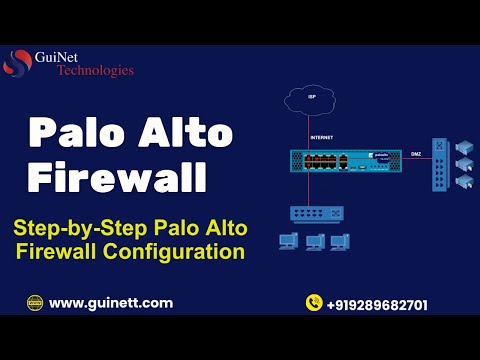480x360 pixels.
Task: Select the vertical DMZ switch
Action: click(x=436, y=165)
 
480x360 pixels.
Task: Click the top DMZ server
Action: click(x=463, y=146)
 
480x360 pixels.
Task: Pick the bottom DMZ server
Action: click(x=463, y=182)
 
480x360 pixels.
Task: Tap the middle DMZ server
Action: click(x=463, y=164)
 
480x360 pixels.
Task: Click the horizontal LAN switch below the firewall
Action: click(x=317, y=212)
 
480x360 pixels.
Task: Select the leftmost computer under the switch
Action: click(x=289, y=241)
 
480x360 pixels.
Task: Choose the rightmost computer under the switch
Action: click(x=340, y=241)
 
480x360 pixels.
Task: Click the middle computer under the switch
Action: click(x=315, y=241)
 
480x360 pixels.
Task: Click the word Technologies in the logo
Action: click(x=95, y=70)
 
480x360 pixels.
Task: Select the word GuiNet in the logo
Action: click(x=83, y=56)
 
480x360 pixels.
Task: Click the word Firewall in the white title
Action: click(x=116, y=177)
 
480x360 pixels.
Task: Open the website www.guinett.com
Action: click(x=110, y=303)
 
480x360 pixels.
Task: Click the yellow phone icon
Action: click(x=313, y=303)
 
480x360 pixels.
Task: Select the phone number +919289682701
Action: click(x=377, y=304)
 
